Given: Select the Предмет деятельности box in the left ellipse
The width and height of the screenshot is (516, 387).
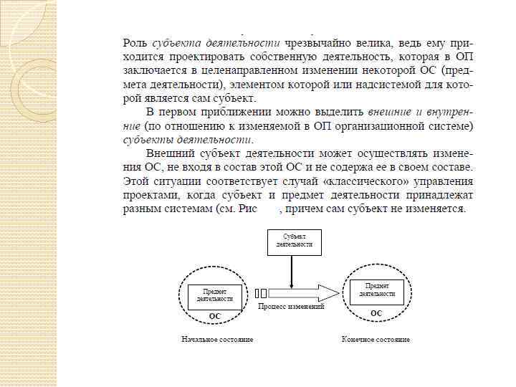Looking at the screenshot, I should point(214,295).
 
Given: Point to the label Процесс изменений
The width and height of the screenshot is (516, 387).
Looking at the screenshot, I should point(291,306).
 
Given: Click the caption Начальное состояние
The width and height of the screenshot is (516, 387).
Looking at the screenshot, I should point(217,338).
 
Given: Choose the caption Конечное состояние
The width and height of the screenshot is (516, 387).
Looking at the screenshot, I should point(376,338).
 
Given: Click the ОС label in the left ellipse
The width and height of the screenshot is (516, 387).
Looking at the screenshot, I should point(214,315).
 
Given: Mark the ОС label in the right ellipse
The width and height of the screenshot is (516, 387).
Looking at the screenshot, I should point(376,313).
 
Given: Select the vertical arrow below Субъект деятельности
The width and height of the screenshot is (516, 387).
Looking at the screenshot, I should point(291,269).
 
